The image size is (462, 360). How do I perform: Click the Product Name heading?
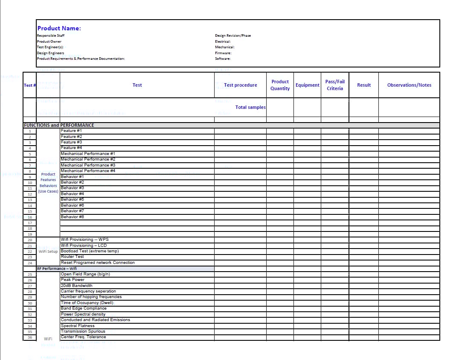tap(59, 28)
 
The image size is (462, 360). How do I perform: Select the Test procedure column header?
tap(240, 85)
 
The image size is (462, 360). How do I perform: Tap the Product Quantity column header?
tap(280, 85)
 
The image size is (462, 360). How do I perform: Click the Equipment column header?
tap(307, 85)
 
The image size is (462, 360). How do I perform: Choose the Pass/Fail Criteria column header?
tap(335, 85)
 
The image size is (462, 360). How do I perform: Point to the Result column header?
tap(364, 85)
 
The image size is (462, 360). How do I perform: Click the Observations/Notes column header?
tap(409, 85)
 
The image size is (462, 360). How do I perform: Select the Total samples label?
tap(250, 107)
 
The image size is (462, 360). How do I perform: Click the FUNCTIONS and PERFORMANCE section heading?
tap(59, 125)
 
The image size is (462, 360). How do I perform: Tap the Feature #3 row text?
tap(71, 142)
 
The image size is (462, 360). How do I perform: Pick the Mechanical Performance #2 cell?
tap(88, 159)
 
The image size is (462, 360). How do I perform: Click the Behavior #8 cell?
tap(72, 217)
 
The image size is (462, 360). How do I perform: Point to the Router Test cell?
tap(72, 257)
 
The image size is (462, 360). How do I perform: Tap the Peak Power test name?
tap(73, 280)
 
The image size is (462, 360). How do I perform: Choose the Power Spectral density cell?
tap(83, 314)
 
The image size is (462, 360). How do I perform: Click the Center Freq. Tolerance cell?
tap(83, 337)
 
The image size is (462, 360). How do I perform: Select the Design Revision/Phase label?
tap(233, 35)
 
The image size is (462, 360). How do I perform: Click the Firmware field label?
tap(223, 53)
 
